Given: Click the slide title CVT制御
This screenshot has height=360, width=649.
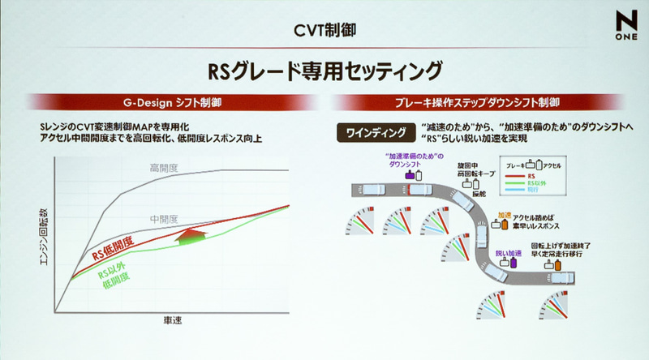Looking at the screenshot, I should coord(324,31).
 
